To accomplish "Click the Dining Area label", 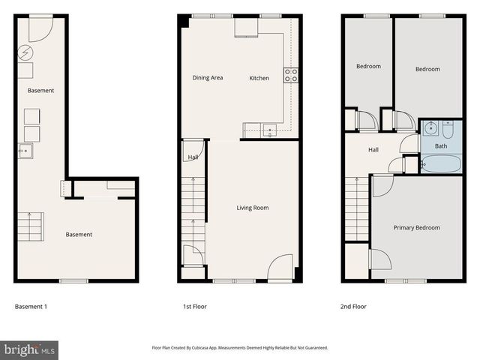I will pyautogui.click(x=208, y=78).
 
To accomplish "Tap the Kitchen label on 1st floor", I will pyautogui.click(x=259, y=78).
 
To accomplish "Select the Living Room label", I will pyautogui.click(x=252, y=208).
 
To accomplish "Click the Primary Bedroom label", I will pyautogui.click(x=416, y=227).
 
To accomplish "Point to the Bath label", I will pyautogui.click(x=440, y=146).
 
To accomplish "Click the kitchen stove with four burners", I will pyautogui.click(x=290, y=75).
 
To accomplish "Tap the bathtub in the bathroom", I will pyautogui.click(x=440, y=163).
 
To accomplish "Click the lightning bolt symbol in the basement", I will pyautogui.click(x=25, y=53).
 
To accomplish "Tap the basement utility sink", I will pyautogui.click(x=25, y=151).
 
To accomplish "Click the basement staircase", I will pyautogui.click(x=31, y=226).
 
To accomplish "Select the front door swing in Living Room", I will pyautogui.click(x=280, y=267).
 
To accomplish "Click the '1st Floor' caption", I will pyautogui.click(x=195, y=307).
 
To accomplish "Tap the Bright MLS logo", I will pyautogui.click(x=30, y=349).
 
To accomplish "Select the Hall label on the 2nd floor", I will pyautogui.click(x=373, y=150).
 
